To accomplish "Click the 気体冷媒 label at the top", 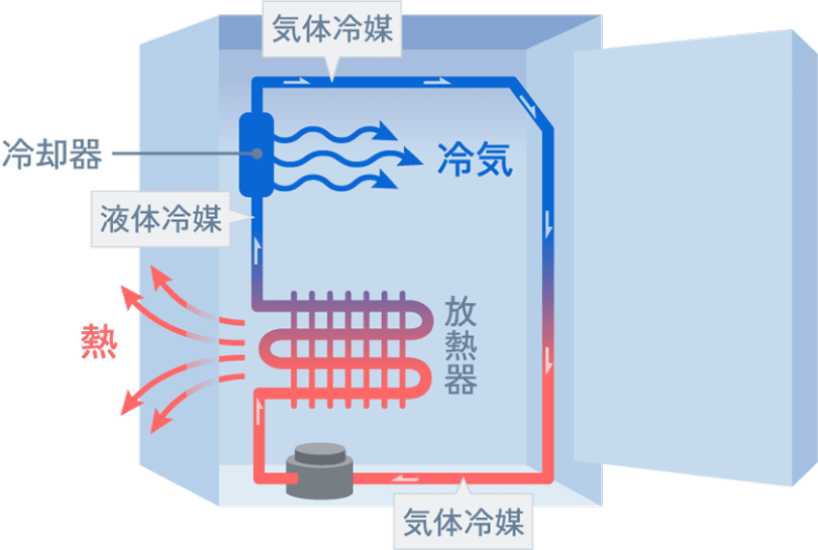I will [330, 30].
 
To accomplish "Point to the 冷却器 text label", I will [50, 153].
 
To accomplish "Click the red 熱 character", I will [98, 342].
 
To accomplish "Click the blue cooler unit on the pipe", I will [257, 154].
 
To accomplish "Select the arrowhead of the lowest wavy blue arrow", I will [388, 179].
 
